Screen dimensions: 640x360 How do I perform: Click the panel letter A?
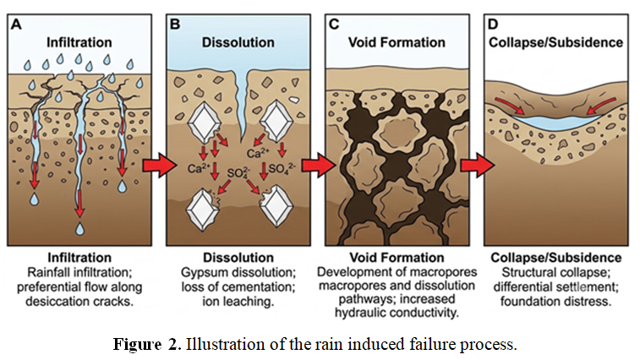[16, 24]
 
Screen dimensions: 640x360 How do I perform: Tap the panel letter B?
[175, 24]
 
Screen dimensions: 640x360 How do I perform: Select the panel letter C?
[334, 24]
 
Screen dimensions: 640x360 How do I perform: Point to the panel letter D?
[493, 24]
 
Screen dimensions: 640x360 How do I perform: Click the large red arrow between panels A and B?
[160, 166]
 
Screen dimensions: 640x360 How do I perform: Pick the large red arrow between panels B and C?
[319, 166]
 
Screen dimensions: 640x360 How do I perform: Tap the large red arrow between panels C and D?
[478, 166]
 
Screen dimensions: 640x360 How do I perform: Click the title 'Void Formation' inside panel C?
[397, 42]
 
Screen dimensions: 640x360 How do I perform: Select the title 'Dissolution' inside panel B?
[238, 42]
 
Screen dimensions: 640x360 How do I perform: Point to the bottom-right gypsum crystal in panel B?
[276, 206]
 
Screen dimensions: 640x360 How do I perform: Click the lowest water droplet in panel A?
[80, 229]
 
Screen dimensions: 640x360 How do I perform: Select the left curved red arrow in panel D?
[510, 106]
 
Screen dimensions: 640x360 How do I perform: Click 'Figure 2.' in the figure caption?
[147, 344]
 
